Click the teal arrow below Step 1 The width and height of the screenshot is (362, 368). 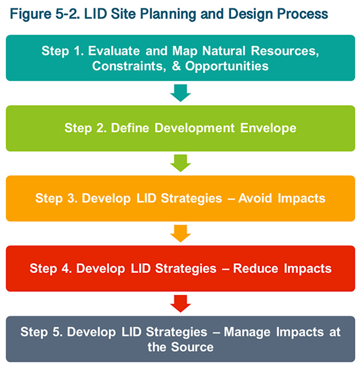click(x=180, y=93)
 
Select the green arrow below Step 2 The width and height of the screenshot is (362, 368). click(x=180, y=163)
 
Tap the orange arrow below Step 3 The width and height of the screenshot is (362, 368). click(x=180, y=233)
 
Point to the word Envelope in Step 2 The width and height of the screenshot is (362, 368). click(x=268, y=128)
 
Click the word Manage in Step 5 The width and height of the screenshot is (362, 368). click(x=243, y=332)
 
